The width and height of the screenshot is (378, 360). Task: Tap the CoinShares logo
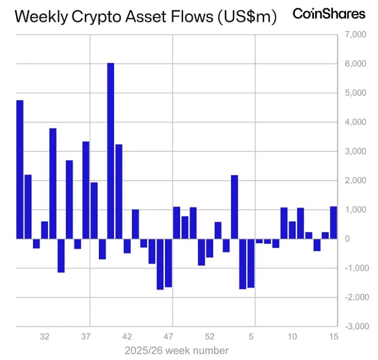click(329, 14)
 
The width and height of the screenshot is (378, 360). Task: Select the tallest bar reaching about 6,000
click(110, 151)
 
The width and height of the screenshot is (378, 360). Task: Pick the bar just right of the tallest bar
click(119, 191)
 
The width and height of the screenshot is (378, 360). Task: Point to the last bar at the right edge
click(333, 223)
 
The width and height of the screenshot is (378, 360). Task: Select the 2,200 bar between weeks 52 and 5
click(235, 207)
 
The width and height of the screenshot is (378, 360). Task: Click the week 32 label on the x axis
click(45, 336)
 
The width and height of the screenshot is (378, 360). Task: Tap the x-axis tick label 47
click(169, 336)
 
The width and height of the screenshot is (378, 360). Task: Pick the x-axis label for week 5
click(251, 336)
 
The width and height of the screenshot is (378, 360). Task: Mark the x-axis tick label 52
click(210, 336)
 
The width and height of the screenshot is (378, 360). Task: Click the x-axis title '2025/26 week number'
click(176, 350)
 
